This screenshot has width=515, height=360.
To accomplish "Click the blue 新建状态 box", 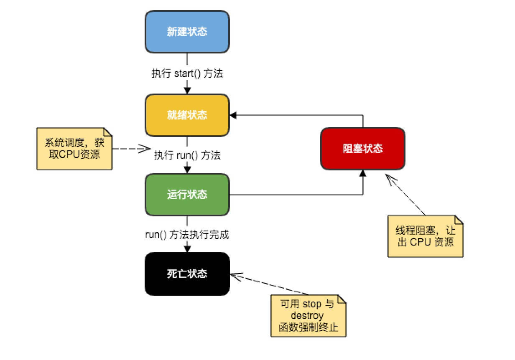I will click(x=187, y=32).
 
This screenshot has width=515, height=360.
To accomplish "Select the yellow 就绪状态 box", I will click(x=187, y=115).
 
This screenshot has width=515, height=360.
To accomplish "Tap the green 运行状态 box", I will click(x=187, y=195).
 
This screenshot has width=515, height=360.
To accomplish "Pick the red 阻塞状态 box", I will click(x=362, y=148).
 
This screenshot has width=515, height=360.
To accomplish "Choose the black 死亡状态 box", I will click(x=187, y=274).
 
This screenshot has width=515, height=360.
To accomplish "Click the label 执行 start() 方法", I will click(x=187, y=74).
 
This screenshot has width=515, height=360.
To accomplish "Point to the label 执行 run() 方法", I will click(x=187, y=155).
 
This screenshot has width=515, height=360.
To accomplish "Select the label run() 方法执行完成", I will click(x=187, y=235).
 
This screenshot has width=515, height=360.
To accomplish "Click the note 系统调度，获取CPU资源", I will click(x=74, y=148).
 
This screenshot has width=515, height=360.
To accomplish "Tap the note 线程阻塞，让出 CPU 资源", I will click(x=425, y=236).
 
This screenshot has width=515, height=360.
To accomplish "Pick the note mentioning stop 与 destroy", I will click(x=308, y=316).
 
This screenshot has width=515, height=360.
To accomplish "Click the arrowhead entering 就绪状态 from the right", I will click(x=233, y=115).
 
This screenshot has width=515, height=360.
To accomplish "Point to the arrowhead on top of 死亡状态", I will click(x=187, y=249).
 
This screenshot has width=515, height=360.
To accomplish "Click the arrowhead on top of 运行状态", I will click(x=187, y=170).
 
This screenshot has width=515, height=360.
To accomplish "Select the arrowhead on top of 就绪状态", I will click(x=187, y=90).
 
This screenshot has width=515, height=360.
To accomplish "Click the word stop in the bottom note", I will click(x=311, y=304).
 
